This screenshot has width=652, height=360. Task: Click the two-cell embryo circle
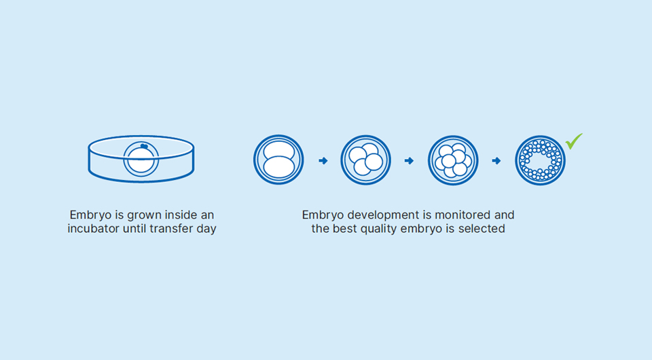[x=278, y=160]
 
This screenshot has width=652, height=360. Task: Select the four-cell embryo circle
[x=366, y=160]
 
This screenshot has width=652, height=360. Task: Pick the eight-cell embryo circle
[x=453, y=160]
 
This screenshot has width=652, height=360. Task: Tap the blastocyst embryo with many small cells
[x=541, y=160]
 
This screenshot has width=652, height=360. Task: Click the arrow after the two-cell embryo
[x=323, y=160]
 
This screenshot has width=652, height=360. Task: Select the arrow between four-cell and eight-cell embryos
[x=409, y=160]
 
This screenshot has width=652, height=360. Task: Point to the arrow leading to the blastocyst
[x=496, y=160]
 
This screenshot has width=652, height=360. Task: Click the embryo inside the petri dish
[x=141, y=159]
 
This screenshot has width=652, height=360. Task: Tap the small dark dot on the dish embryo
[x=144, y=146]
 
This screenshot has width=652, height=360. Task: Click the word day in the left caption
[x=206, y=229]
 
